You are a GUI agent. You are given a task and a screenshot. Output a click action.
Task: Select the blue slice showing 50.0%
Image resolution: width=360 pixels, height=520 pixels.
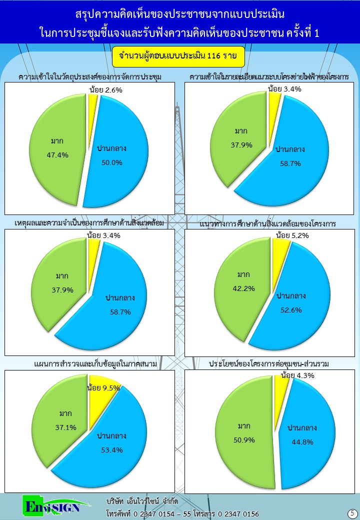[x=120, y=165]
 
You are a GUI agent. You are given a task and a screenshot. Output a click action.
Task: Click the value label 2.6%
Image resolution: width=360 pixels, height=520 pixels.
[x=113, y=90]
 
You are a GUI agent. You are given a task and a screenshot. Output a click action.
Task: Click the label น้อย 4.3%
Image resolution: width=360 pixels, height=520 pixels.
[x=297, y=375]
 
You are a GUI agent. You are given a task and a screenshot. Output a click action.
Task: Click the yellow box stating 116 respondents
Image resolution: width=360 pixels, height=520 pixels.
[x=178, y=56]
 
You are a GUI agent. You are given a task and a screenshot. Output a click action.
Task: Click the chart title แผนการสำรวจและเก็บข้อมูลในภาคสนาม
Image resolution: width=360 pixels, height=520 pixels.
[x=95, y=363]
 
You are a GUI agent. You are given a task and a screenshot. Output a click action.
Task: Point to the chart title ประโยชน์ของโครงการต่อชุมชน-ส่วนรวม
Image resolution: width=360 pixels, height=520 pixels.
[x=272, y=363]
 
